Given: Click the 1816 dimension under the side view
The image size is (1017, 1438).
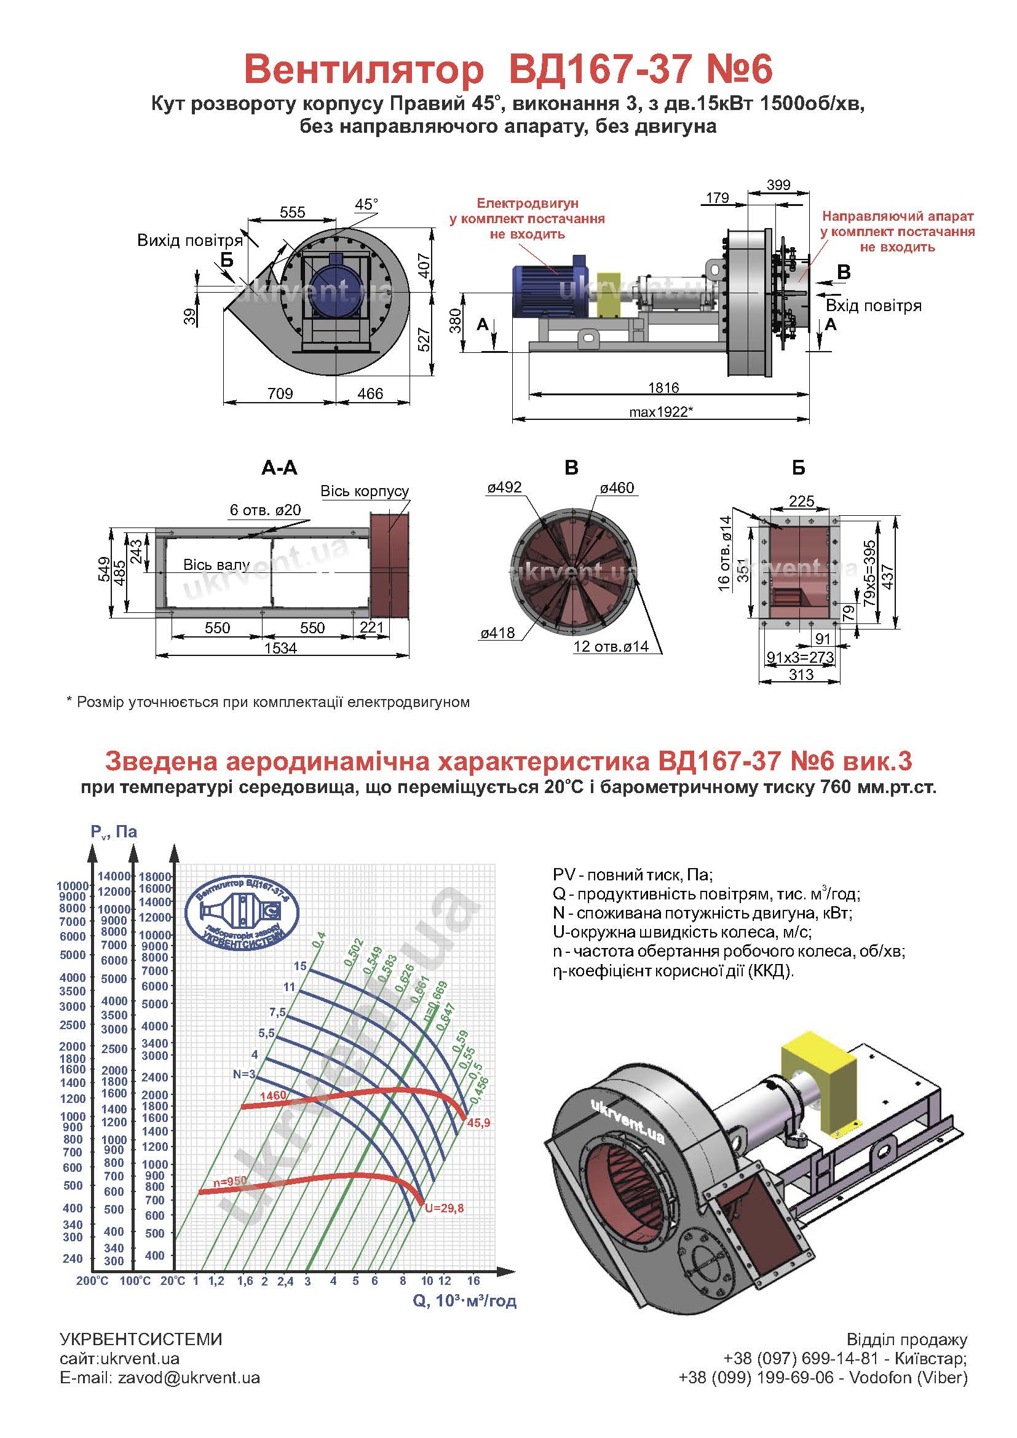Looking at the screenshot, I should point(663,388).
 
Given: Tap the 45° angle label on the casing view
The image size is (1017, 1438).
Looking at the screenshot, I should point(366,205).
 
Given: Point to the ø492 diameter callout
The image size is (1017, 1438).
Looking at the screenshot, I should point(504,488).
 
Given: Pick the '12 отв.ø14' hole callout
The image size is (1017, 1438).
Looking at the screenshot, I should point(611,646).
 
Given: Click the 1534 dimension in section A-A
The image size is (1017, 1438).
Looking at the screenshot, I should point(280,648).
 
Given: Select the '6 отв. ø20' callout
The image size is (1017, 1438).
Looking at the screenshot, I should point(265,510).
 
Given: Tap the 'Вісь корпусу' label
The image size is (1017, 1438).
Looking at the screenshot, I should point(365,491).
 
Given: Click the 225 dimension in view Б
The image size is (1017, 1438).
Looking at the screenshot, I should point(802,501).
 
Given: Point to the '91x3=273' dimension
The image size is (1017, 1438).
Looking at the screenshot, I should point(801,657).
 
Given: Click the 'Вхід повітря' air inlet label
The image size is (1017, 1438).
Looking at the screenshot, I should point(874,306).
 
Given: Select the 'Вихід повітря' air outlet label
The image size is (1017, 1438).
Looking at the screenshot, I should point(190,240).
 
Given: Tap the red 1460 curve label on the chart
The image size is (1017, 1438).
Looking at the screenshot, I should point(272,1096).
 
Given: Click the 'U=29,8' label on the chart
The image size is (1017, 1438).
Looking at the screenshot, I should point(444,1208).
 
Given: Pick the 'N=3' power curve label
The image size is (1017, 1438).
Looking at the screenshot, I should point(243,1074).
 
